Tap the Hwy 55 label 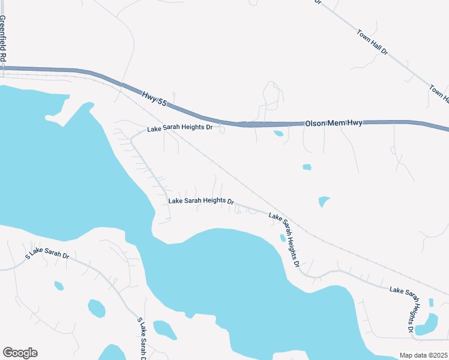[154, 99]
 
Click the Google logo [20, 353]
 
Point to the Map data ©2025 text [423, 355]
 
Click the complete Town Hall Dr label [372, 43]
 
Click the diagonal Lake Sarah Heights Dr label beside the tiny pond [283, 239]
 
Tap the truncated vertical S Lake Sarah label [143, 340]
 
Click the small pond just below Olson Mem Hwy [279, 133]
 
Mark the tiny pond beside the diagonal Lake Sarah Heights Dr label [282, 238]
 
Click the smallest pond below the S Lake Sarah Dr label [59, 286]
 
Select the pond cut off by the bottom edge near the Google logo [112, 353]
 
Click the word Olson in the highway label [315, 123]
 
